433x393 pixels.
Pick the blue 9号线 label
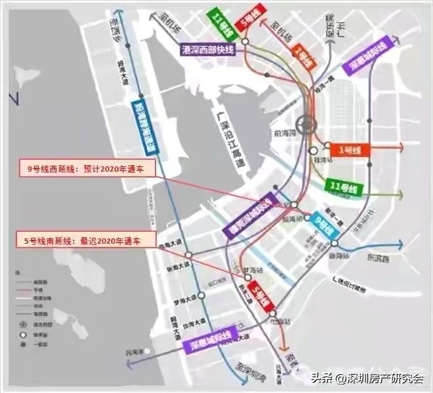pos(323,225)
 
